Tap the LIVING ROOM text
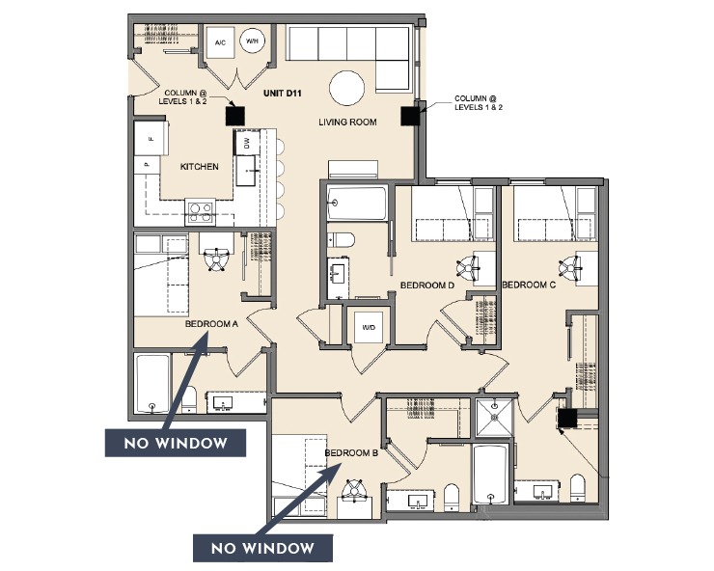pyautogui.click(x=345, y=122)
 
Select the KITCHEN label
pyautogui.click(x=200, y=167)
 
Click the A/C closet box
pyautogui.click(x=220, y=43)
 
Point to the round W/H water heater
pyautogui.click(x=253, y=42)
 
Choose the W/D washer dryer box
pyautogui.click(x=370, y=326)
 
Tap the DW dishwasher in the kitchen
pyautogui.click(x=245, y=143)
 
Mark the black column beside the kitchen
pyautogui.click(x=233, y=115)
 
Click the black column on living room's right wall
pyautogui.click(x=409, y=116)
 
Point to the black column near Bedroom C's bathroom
pyautogui.click(x=567, y=418)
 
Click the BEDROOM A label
pyautogui.click(x=210, y=324)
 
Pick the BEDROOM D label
pyautogui.click(x=427, y=285)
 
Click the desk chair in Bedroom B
pyautogui.click(x=358, y=488)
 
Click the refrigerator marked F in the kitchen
pyautogui.click(x=151, y=141)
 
